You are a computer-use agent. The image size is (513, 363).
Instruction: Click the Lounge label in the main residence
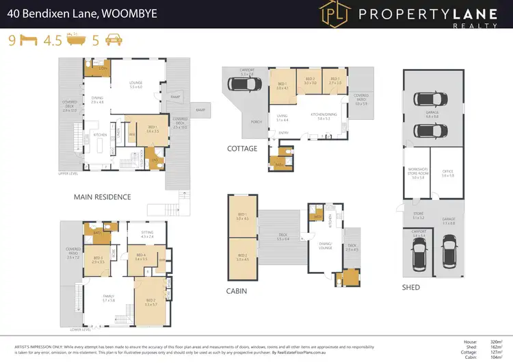(x=135, y=84)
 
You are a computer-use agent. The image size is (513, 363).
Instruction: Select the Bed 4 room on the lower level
(x=141, y=258)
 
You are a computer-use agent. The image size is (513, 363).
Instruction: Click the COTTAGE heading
(x=243, y=149)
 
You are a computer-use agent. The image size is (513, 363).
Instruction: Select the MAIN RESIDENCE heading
(x=102, y=197)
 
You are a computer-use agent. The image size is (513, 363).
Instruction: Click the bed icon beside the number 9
(x=27, y=40)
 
